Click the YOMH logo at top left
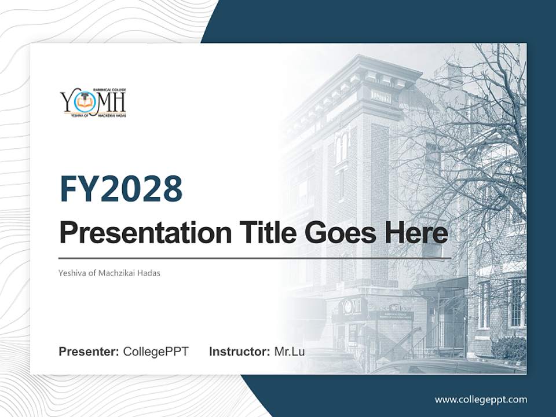(x=93, y=103)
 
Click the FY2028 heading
(x=121, y=188)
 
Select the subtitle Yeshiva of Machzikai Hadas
(x=109, y=273)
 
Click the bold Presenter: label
(x=89, y=352)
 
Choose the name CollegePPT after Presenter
(x=156, y=352)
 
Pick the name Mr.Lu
(x=289, y=352)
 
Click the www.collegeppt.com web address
(x=481, y=399)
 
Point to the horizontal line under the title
(x=255, y=258)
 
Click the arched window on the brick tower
(x=342, y=147)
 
